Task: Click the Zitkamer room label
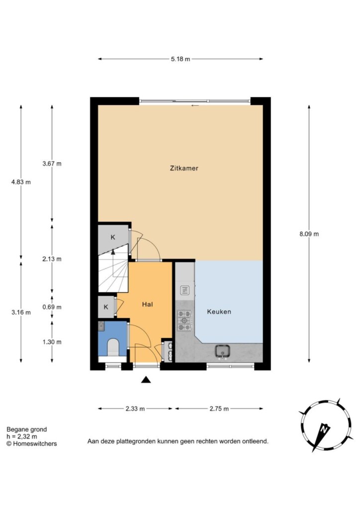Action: [184, 168]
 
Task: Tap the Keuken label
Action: [219, 312]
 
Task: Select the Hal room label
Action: [147, 304]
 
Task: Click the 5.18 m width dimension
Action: [180, 59]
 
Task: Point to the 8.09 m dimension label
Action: [309, 234]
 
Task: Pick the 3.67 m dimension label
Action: [52, 164]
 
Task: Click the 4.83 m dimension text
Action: [21, 182]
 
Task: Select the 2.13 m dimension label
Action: [52, 259]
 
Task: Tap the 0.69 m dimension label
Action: [52, 307]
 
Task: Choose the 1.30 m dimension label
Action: [52, 342]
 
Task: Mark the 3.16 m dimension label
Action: [21, 313]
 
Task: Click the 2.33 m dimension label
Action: [135, 409]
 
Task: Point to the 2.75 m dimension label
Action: [219, 409]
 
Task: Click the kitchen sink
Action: [223, 351]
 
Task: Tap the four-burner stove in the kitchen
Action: [184, 321]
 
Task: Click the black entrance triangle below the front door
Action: [146, 379]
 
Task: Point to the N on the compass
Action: [323, 429]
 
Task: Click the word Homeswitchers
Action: [35, 444]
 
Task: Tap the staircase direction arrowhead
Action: [113, 251]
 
